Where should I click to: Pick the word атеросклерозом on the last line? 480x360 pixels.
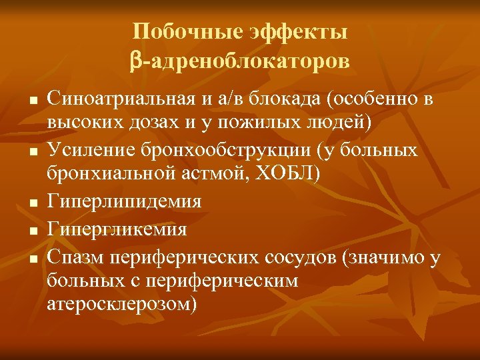(123, 305)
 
